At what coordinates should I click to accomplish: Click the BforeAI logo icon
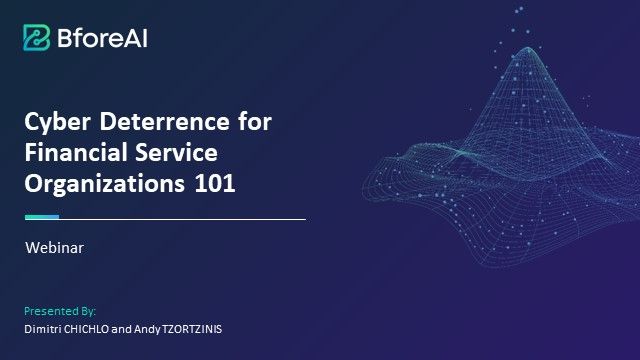tap(38, 37)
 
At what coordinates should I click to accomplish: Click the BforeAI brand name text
tap(103, 38)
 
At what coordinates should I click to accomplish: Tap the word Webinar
tap(54, 249)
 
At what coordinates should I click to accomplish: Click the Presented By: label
tap(60, 311)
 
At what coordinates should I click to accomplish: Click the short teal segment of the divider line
tap(42, 217)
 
